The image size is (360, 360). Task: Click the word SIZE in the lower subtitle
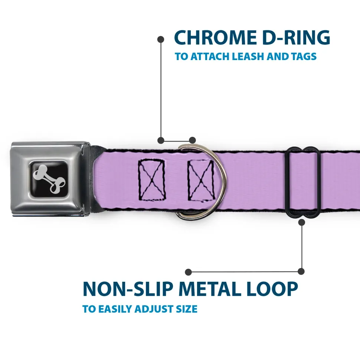(186, 309)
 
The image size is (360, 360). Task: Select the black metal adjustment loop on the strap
(304, 182)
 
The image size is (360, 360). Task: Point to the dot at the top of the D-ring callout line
(161, 39)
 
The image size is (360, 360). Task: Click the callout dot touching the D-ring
(192, 140)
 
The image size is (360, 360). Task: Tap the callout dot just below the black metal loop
(301, 222)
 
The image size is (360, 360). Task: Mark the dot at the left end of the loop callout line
(189, 272)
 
